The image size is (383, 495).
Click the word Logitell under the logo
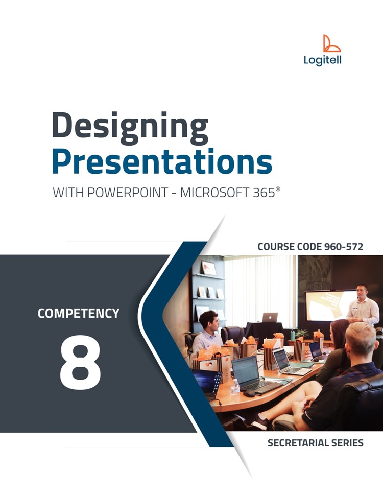pos(322,61)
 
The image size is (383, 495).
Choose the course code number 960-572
pos(343,247)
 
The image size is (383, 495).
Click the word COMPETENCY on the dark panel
pos(78,313)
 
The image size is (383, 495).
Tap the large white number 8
pos(80,362)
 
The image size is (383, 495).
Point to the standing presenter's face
pos(362,292)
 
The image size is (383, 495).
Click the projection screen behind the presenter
pos(327,305)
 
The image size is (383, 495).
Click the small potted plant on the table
pos(302,334)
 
